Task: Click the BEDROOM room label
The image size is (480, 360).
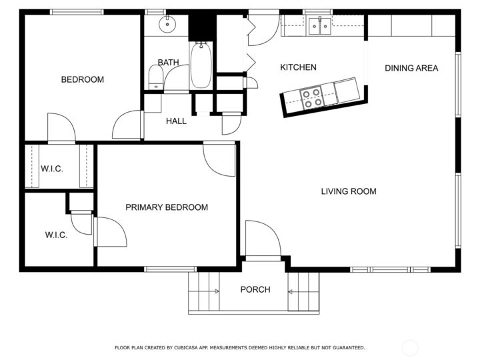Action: [83, 79]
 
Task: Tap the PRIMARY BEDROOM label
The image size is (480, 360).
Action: [167, 207]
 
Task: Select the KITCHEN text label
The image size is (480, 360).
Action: [298, 67]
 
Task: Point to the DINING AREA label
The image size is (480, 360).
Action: [411, 68]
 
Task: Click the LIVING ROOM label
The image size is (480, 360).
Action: [349, 191]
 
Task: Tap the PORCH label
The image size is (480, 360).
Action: [255, 289]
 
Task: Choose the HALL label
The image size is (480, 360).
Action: [176, 121]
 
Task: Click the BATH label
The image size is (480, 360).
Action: [168, 63]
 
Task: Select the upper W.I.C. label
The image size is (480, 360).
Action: [52, 169]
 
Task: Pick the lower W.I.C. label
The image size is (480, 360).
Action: [56, 235]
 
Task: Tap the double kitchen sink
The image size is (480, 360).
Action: [319, 27]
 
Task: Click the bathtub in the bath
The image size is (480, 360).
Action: [201, 65]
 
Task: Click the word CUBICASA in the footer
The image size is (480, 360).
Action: [185, 347]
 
